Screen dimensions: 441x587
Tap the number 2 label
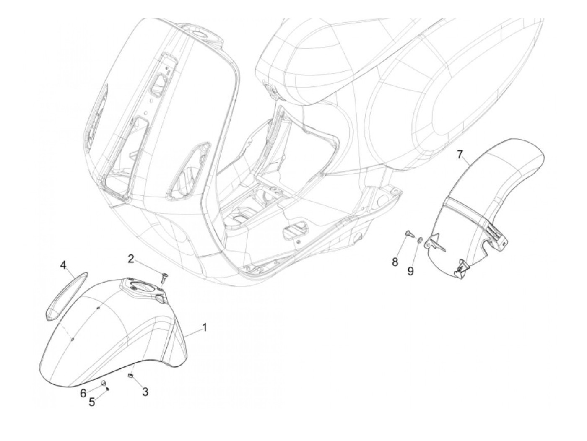click(131, 259)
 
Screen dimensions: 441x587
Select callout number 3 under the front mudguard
click(145, 392)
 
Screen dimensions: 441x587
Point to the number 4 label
click(63, 265)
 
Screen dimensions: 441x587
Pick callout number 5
click(92, 402)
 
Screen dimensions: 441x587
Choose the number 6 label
click(83, 393)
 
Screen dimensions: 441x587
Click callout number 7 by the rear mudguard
click(460, 155)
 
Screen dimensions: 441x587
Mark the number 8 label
click(395, 262)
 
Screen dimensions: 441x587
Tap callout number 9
click(410, 271)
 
